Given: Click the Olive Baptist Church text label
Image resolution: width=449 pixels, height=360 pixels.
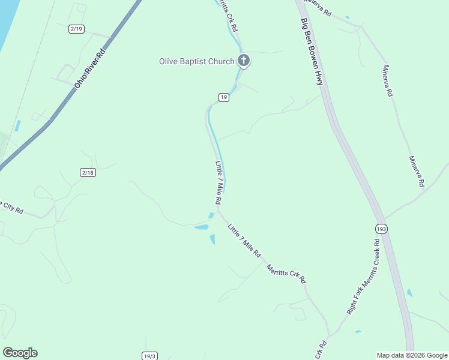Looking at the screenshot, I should click(x=196, y=61).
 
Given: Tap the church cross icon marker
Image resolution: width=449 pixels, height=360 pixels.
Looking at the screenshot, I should click(x=243, y=60).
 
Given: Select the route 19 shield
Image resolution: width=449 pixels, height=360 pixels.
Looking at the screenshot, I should click(x=223, y=97).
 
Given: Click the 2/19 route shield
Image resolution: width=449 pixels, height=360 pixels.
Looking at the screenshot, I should click(x=76, y=29).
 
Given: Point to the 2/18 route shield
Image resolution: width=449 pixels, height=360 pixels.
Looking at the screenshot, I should click(x=88, y=172).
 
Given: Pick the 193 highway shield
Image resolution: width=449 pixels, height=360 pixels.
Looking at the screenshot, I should click(x=382, y=229).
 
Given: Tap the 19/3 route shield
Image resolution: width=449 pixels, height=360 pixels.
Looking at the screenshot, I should click(x=149, y=356).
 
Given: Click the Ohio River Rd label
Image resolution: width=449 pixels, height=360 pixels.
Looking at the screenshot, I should click(x=89, y=69).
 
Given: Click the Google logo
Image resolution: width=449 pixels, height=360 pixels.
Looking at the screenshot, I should click(x=20, y=352).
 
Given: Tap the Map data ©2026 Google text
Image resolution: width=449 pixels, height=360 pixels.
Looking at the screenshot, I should click(x=412, y=355).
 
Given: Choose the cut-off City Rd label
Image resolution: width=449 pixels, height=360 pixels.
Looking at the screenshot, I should click(x=11, y=208).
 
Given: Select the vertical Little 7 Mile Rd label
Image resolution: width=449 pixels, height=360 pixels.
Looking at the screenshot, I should click(x=219, y=182).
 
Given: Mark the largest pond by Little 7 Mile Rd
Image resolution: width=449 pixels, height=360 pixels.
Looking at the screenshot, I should click(x=202, y=227).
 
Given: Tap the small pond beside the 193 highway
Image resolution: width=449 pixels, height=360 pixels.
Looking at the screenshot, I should click(x=410, y=293).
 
